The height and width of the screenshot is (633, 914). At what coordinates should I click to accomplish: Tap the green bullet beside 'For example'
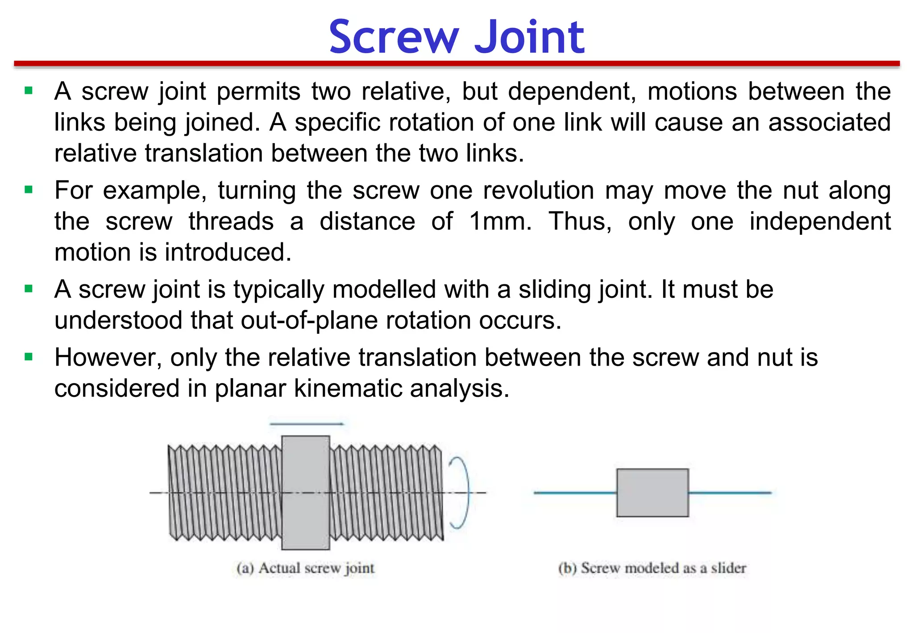(29, 190)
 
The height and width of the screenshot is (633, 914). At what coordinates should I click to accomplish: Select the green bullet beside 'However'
(29, 357)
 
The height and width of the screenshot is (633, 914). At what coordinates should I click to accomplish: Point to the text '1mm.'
(500, 221)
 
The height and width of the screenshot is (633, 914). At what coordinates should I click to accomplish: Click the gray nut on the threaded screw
(306, 492)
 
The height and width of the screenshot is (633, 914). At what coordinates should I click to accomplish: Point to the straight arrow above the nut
(307, 424)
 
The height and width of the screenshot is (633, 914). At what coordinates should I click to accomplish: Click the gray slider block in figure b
(652, 492)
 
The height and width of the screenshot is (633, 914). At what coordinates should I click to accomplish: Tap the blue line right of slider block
(730, 493)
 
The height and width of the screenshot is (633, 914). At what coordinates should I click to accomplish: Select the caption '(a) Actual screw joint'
(306, 568)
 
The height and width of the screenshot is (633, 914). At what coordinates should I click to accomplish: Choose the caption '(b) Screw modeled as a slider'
(652, 568)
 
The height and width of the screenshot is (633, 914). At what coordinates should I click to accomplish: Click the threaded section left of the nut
(224, 492)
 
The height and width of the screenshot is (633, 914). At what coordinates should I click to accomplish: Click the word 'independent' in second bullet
(819, 221)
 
